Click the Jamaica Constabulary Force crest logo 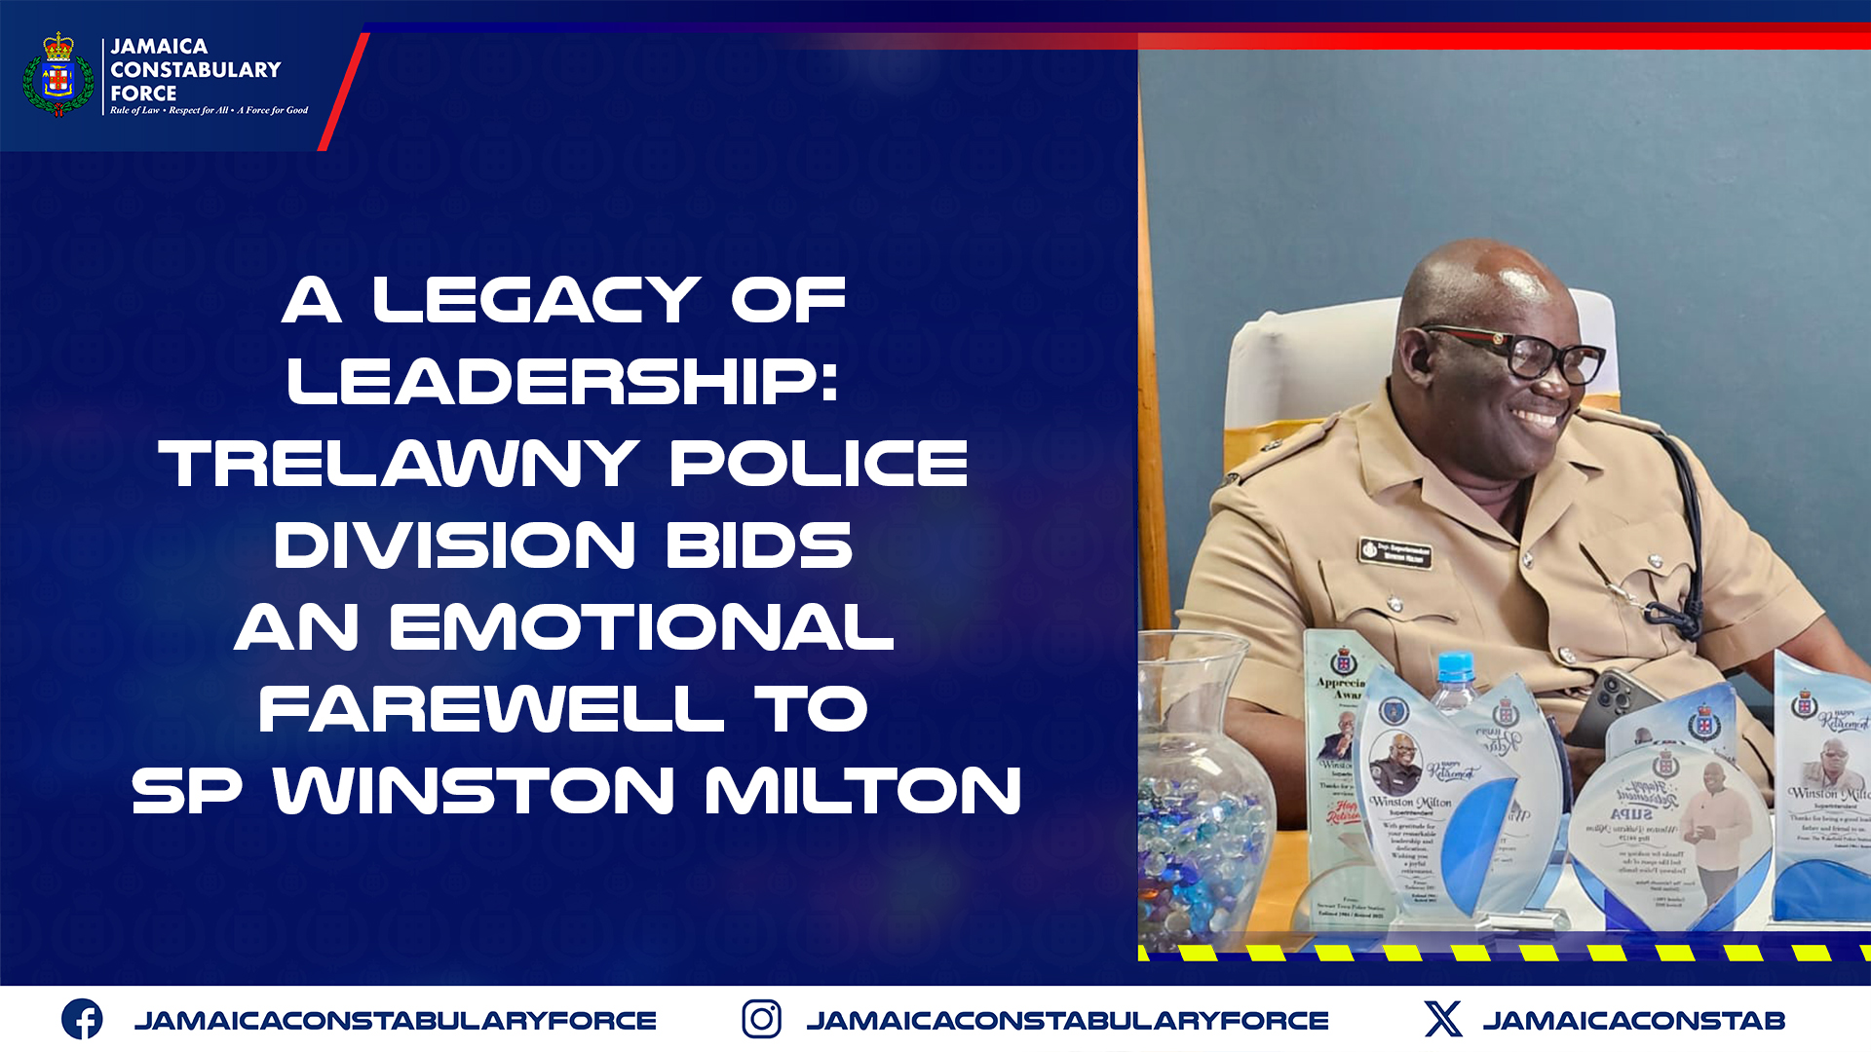[58, 75]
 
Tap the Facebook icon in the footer [82, 1020]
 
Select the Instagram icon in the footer [761, 1020]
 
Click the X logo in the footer [1442, 1020]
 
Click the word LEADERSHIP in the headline [562, 382]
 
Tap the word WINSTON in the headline [474, 791]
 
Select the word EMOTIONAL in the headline [641, 627]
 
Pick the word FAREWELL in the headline [491, 709]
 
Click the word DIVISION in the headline [454, 545]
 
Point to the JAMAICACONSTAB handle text [1633, 1021]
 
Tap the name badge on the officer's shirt [1395, 553]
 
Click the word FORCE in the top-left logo [143, 94]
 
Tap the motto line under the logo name [209, 111]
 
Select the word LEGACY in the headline [536, 300]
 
